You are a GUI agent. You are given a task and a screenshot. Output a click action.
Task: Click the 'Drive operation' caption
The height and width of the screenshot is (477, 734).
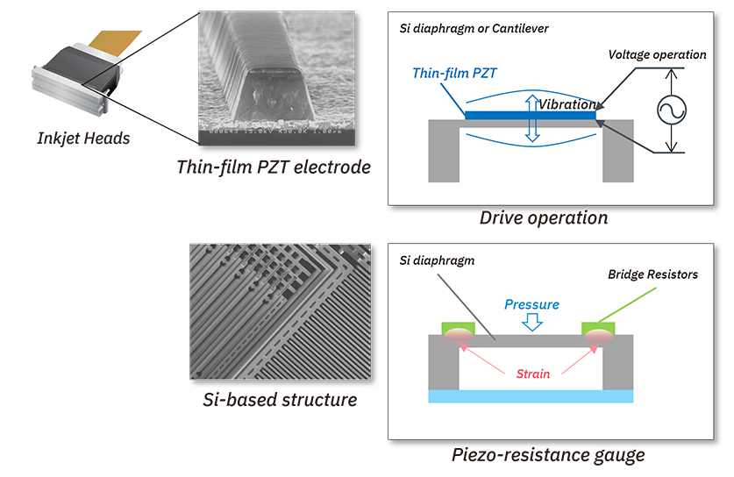point(543,217)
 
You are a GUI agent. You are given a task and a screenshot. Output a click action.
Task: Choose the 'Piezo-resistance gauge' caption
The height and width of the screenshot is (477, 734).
point(548,454)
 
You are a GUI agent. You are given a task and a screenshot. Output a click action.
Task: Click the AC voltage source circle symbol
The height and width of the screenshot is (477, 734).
point(671,110)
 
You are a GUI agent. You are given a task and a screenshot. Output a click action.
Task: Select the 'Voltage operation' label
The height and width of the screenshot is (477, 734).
point(657,54)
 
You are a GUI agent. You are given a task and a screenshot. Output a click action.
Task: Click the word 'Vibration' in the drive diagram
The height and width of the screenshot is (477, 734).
point(567,104)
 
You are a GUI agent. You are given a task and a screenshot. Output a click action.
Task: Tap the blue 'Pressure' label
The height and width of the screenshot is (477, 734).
point(531,304)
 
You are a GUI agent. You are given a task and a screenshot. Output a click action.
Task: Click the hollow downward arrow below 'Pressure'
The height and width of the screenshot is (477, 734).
point(531,323)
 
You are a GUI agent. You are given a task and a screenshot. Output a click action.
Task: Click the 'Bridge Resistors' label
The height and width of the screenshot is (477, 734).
point(652,274)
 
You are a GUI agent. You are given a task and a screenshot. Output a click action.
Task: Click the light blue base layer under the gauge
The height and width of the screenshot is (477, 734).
point(530,396)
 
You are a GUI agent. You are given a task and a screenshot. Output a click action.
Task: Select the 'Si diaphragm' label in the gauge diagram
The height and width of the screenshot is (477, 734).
point(437,260)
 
